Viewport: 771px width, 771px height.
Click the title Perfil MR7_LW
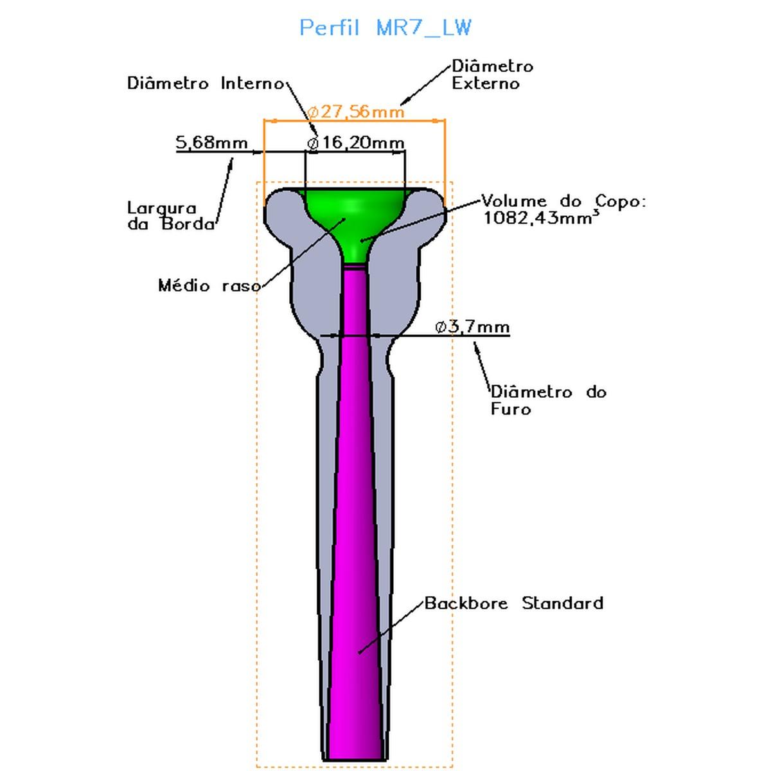pos(385,28)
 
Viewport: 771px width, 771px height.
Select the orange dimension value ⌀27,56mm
pos(356,112)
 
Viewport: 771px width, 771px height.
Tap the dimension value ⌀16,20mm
pos(356,143)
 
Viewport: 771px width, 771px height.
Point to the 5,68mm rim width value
pos(212,142)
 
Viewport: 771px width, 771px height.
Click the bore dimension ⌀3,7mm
pos(472,327)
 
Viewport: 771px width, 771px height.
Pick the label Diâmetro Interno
pos(206,84)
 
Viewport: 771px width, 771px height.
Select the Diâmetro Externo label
pos(492,75)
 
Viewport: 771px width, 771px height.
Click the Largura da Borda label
pos(170,216)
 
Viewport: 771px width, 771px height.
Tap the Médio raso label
pos(209,285)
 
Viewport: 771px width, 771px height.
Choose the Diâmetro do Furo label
pos(548,400)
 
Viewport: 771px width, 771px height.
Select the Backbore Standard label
pos(514,603)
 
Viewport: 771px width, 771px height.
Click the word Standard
pos(562,603)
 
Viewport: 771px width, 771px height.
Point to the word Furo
pos(511,409)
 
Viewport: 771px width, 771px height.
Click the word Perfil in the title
pos(329,28)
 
